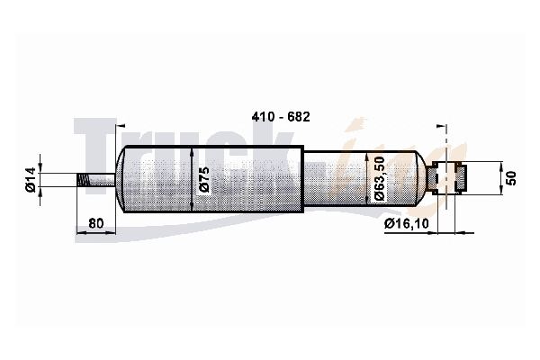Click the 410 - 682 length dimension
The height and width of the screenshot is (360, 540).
(281, 117)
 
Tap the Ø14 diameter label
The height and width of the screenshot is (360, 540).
(31, 179)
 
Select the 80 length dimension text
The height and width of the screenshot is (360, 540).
(95, 223)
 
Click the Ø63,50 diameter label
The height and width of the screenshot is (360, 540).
(379, 178)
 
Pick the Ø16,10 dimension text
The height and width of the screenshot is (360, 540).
(407, 223)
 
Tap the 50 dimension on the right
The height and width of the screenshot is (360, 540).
(512, 178)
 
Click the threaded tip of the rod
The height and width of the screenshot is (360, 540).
(84, 180)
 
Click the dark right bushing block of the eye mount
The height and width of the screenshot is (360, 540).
(461, 178)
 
